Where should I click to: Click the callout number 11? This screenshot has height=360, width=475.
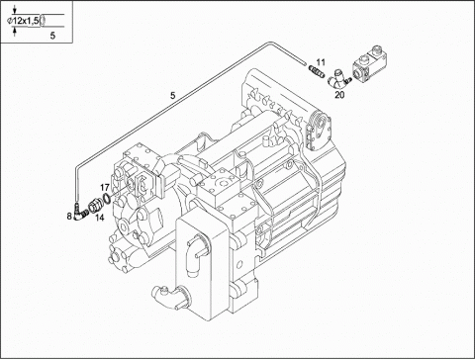321,62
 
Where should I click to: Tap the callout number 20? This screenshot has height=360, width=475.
339,95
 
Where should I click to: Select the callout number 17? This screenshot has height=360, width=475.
105,188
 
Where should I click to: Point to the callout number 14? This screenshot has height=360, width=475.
100,218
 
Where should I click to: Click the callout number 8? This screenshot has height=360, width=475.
69,217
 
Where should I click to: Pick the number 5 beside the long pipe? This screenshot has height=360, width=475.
172,96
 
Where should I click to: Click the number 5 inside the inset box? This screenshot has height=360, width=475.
52,36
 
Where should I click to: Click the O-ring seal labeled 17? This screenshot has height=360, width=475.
107,199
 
